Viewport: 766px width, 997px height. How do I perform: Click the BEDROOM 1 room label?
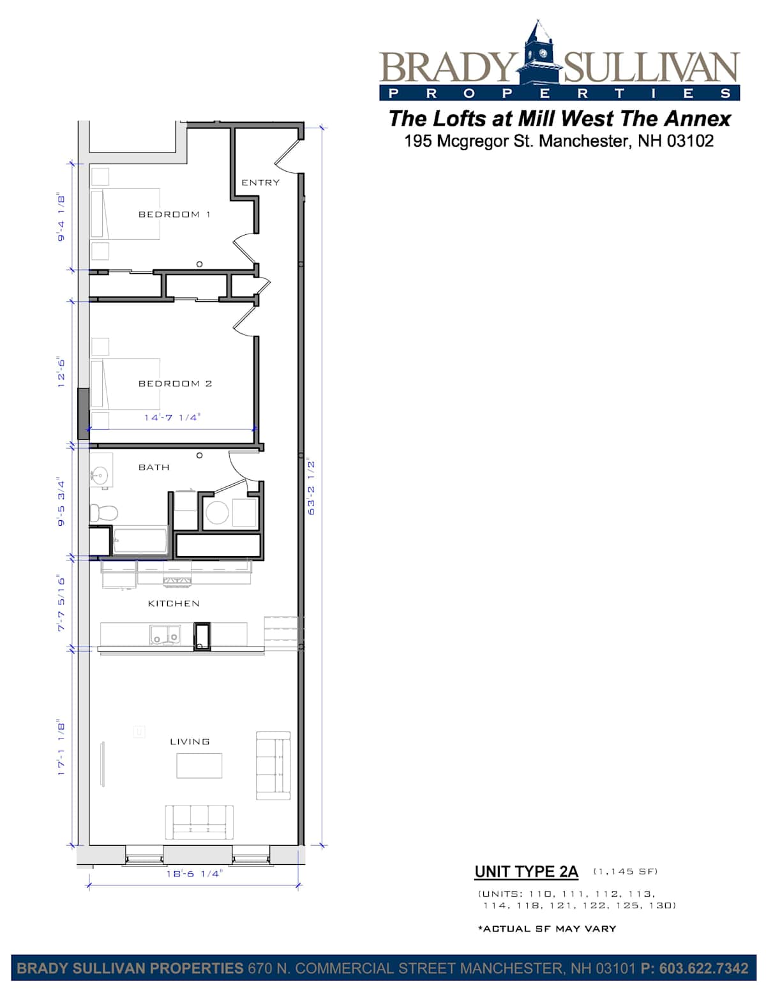pyautogui.click(x=174, y=214)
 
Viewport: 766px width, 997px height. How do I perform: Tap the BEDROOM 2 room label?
pyautogui.click(x=175, y=384)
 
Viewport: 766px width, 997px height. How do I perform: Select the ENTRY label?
pyautogui.click(x=260, y=183)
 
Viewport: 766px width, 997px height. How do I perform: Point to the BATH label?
pyautogui.click(x=154, y=467)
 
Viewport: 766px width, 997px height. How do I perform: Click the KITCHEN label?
pyautogui.click(x=174, y=603)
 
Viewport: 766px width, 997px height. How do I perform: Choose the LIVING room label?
pyautogui.click(x=190, y=742)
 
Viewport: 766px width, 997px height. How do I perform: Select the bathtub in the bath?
pyautogui.click(x=140, y=541)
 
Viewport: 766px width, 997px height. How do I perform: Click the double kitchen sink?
pyautogui.click(x=164, y=636)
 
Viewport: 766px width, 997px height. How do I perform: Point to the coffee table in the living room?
pyautogui.click(x=199, y=765)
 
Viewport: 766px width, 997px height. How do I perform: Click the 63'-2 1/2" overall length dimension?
pyautogui.click(x=311, y=486)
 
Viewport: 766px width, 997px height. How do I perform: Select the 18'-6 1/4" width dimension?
pyautogui.click(x=194, y=874)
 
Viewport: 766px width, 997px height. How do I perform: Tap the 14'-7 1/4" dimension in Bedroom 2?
pyautogui.click(x=172, y=417)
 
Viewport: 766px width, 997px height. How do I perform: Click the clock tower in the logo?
pyautogui.click(x=539, y=53)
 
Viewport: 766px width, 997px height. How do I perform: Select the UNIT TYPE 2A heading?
pyautogui.click(x=526, y=872)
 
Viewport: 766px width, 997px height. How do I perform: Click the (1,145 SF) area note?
pyautogui.click(x=626, y=871)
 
